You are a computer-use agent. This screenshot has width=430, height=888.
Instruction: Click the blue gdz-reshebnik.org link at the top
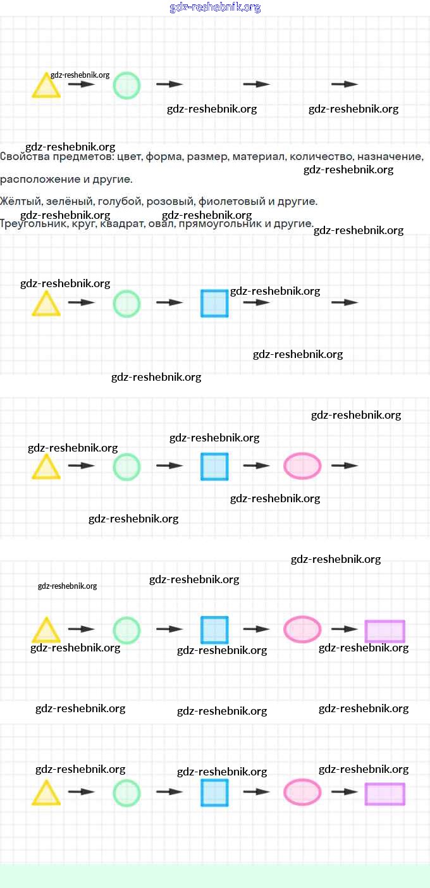215,8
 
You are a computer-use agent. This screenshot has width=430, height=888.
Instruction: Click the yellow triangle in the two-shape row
46,87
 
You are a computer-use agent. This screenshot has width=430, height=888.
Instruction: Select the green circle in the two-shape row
126,85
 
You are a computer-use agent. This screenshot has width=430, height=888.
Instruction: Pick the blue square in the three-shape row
214,303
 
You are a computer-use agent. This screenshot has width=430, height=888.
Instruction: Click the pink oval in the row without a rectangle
302,466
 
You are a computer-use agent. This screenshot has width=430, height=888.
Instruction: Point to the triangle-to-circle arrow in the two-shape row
82,84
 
